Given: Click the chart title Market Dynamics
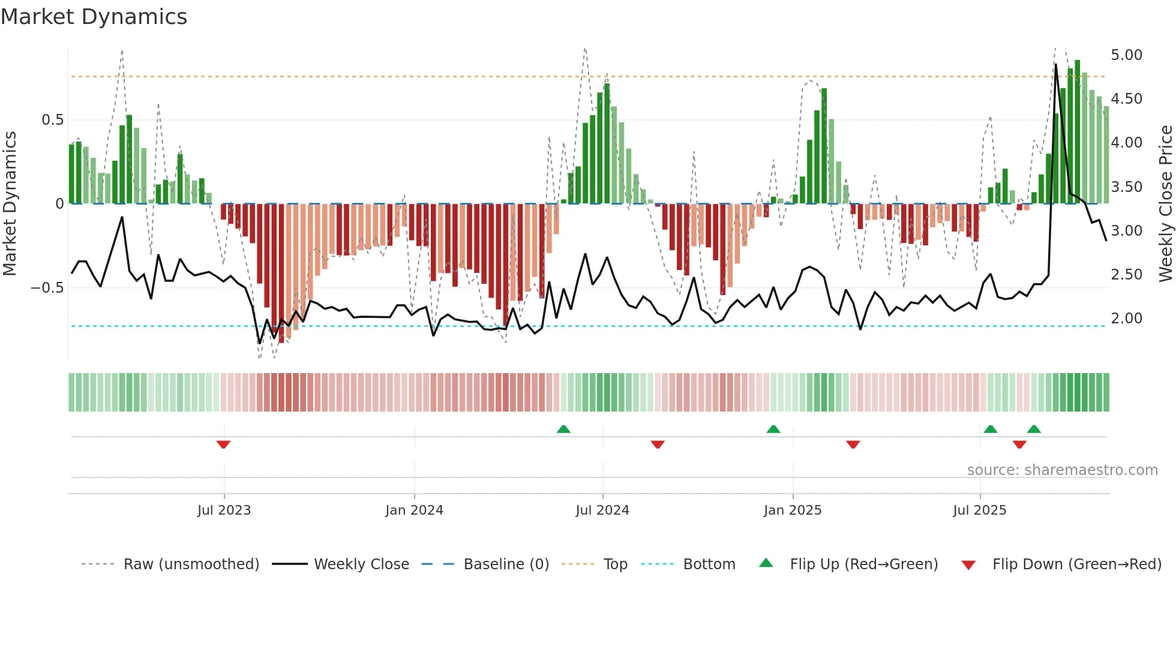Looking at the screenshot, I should click(x=94, y=17).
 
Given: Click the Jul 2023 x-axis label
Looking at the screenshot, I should click(x=224, y=510).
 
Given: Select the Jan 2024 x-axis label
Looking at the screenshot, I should click(x=414, y=510).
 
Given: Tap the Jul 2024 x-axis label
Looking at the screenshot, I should click(x=602, y=510).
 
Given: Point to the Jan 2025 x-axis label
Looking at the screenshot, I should click(x=793, y=510).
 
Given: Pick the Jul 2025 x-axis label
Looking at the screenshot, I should click(x=980, y=510).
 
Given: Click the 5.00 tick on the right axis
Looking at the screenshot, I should click(x=1126, y=55).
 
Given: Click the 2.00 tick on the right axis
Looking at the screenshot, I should click(x=1126, y=319).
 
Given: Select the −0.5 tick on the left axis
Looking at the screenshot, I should click(x=47, y=288).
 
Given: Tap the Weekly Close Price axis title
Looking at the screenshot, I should click(x=1165, y=204).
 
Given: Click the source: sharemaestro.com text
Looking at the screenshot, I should click(x=1062, y=470).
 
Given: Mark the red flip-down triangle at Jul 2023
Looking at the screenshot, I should click(x=223, y=444).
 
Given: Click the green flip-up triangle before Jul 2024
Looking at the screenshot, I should click(x=563, y=429).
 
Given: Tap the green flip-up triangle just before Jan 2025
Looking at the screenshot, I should click(x=773, y=429).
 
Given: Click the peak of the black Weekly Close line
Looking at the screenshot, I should click(x=1056, y=65).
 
